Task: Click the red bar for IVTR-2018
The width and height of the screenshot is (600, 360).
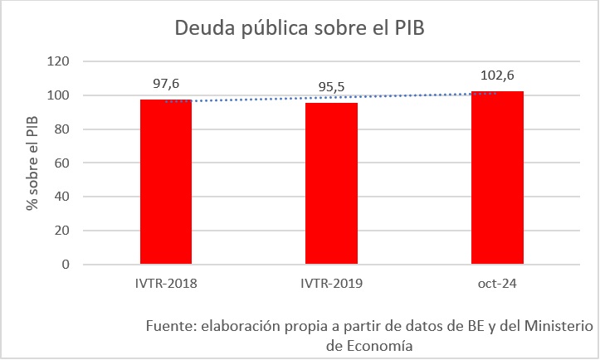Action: [x=166, y=182]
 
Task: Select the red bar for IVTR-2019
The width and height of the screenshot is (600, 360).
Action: [x=332, y=184]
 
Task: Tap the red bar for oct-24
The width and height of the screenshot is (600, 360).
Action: [x=497, y=178]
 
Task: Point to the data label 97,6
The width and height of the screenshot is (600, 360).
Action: [x=166, y=83]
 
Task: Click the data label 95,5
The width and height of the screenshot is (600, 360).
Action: [x=332, y=87]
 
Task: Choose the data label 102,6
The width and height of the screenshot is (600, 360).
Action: [x=497, y=75]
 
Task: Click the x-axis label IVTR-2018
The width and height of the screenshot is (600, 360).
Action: [x=166, y=284]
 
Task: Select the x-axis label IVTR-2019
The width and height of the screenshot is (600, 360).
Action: [x=332, y=284]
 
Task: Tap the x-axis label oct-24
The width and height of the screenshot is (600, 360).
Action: [x=497, y=284]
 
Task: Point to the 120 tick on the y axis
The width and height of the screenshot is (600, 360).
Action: [x=59, y=61]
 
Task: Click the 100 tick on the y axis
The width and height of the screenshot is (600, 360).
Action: [x=59, y=95]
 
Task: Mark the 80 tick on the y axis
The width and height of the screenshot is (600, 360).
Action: [x=62, y=129]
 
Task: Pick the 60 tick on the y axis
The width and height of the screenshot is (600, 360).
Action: [x=62, y=163]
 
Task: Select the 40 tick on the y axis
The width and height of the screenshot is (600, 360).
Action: [x=62, y=197]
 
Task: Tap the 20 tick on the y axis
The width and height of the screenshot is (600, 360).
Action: [x=62, y=231]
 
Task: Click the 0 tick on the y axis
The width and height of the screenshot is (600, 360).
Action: [x=66, y=265]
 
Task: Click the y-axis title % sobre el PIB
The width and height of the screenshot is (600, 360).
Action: [x=32, y=163]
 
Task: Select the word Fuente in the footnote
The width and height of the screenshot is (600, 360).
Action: [x=168, y=324]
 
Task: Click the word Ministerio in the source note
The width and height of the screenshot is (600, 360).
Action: [x=550, y=324]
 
